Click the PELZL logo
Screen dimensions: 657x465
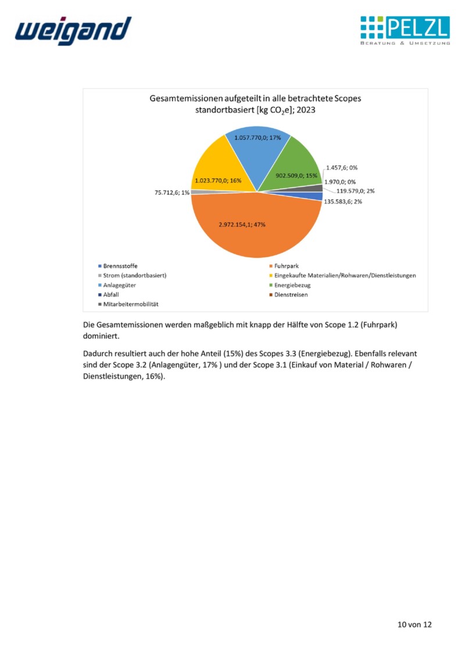[x=405, y=31]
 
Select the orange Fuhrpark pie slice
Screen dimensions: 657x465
[x=256, y=232]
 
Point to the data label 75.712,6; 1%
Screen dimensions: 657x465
[x=172, y=192]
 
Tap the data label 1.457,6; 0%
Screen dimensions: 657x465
[x=342, y=167]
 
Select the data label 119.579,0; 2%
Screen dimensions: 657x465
[x=356, y=191]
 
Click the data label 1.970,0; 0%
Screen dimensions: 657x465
[x=340, y=181]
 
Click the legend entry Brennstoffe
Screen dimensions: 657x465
[x=120, y=266]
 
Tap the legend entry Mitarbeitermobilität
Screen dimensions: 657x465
[x=131, y=304]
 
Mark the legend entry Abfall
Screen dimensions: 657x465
[x=111, y=295]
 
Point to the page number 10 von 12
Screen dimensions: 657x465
[x=414, y=624]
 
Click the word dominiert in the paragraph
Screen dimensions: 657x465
[x=101, y=336]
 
